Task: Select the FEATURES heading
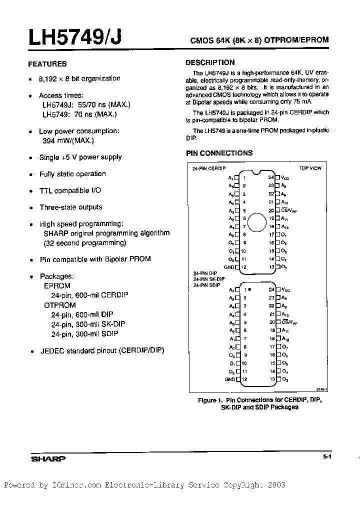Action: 47,64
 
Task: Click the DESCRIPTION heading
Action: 210,62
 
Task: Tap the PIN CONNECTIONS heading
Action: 219,153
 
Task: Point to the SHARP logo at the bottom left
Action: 48,458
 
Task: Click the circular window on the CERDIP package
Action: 257,222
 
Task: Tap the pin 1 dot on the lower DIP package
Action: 249,289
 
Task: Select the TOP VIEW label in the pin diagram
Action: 310,168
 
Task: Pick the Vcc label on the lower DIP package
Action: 285,289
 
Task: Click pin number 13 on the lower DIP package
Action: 271,379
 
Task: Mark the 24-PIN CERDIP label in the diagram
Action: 206,169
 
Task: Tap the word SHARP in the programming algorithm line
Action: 56,233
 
